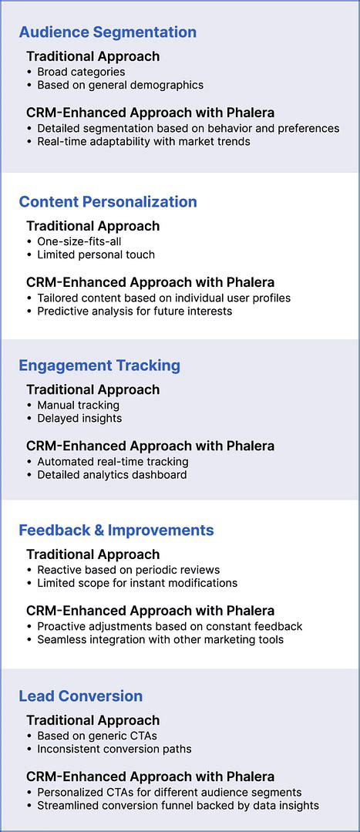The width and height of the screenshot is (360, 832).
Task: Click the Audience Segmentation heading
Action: [x=107, y=32]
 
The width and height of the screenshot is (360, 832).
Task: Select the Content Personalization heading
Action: [x=108, y=202]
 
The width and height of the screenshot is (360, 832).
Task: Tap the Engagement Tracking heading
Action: [x=99, y=365]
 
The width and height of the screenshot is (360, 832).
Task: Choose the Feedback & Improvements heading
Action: [x=116, y=531]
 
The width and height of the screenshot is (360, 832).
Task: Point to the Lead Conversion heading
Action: [x=81, y=696]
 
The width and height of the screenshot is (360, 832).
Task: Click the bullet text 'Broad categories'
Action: [x=81, y=72]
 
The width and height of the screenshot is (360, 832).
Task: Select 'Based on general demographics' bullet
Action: [x=120, y=85]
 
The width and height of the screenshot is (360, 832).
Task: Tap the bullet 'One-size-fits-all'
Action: [x=79, y=241]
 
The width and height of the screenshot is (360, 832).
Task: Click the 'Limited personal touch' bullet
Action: [x=96, y=254]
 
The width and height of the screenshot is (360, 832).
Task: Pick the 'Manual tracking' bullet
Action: [x=79, y=405]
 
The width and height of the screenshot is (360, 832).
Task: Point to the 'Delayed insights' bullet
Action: [x=79, y=418]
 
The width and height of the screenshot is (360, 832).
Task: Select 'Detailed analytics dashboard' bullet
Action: [x=112, y=475]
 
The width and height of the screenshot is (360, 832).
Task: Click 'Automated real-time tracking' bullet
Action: [x=113, y=462]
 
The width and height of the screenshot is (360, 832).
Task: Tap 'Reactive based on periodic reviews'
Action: [x=129, y=570]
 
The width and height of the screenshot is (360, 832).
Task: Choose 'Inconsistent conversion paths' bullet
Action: [x=114, y=749]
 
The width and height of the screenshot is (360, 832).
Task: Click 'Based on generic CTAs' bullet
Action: [x=97, y=736]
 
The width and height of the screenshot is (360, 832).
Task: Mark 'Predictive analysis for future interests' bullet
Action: [x=135, y=311]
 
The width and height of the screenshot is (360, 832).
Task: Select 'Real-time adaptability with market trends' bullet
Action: [x=143, y=141]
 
